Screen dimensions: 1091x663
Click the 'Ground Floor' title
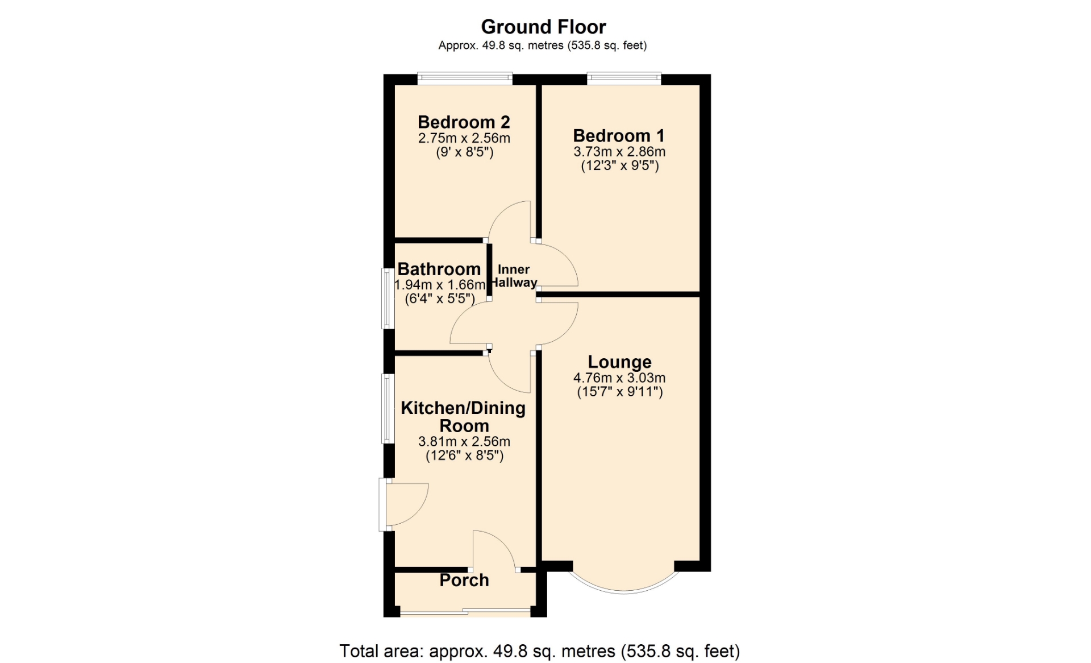tap(543, 27)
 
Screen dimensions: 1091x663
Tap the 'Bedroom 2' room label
tap(464, 122)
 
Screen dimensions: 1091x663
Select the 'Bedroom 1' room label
tap(619, 136)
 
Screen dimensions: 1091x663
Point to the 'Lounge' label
tap(619, 362)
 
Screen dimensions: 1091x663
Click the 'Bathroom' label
tap(439, 269)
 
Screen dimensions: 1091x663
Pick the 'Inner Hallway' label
tap(514, 276)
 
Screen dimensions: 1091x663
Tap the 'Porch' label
tap(464, 581)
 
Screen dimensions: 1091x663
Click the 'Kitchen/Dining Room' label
tap(464, 417)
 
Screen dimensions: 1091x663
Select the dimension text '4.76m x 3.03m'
tap(619, 378)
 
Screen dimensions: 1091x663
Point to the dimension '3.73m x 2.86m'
tap(619, 152)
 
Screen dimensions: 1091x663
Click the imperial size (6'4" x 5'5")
tap(440, 299)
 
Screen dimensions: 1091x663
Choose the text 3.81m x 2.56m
tap(464, 442)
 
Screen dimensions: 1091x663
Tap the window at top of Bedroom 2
tap(465, 78)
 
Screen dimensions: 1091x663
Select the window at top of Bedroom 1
tap(624, 78)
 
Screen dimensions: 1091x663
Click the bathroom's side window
tap(388, 299)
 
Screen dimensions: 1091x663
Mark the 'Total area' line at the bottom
tap(540, 651)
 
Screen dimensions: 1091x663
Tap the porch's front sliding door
tap(465, 612)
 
